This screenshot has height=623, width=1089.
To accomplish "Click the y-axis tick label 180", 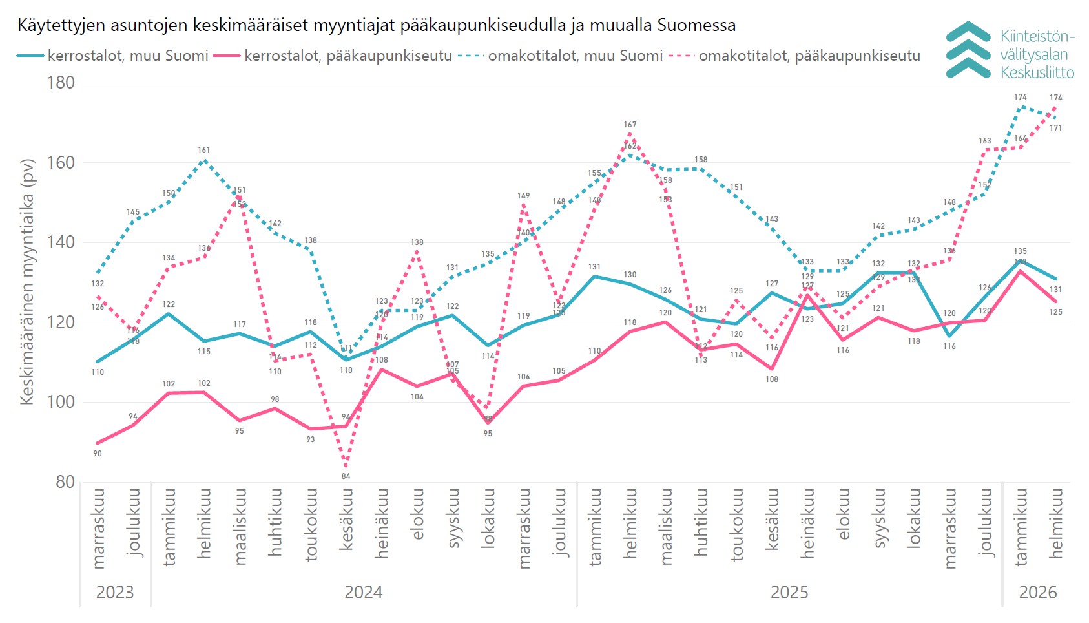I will coord(60,83).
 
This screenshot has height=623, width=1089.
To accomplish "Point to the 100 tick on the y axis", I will coord(60,401).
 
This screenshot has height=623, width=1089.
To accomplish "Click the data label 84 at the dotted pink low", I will coord(346,476).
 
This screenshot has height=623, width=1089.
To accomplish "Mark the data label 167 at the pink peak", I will coord(630,125).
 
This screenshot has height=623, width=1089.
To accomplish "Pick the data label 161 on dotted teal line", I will coord(204,150).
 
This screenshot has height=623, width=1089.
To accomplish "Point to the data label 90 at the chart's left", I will coord(98,454).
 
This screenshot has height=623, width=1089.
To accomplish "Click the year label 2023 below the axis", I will coord(115,592).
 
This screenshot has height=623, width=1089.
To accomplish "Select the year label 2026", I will coord(1037,592).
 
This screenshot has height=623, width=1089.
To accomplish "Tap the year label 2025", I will coord(789,592).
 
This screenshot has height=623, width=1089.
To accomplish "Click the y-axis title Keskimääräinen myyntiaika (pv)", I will coord(26,282).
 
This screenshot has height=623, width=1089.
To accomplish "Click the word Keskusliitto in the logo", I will coord(1037,72).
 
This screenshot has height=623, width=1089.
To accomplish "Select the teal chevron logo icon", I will coord(968,50).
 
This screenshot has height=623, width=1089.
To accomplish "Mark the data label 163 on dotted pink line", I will coord(985,141).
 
